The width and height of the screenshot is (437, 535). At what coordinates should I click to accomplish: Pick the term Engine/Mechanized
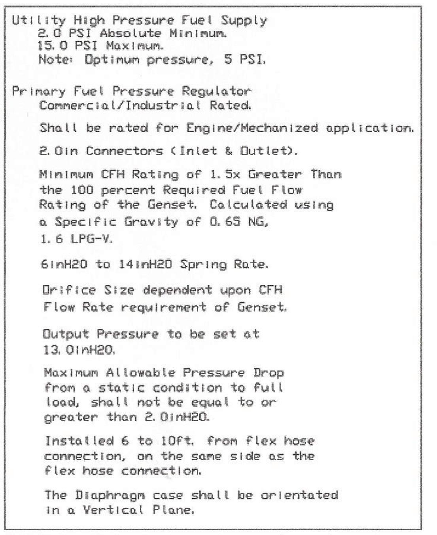[x=252, y=128]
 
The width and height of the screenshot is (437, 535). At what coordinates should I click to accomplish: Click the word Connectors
[x=124, y=151]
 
